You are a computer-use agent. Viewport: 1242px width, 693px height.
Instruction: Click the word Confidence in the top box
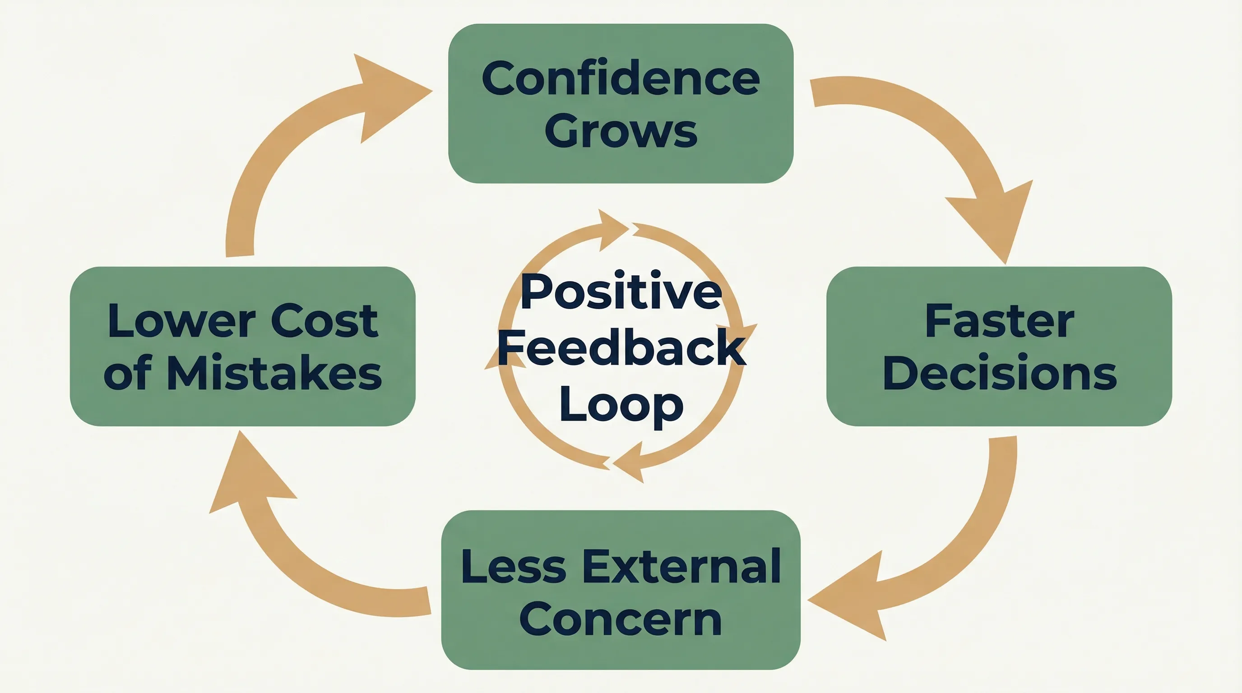click(621, 78)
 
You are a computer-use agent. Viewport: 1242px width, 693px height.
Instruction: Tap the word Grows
click(621, 131)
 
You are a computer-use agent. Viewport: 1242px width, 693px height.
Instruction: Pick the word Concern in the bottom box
click(621, 619)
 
